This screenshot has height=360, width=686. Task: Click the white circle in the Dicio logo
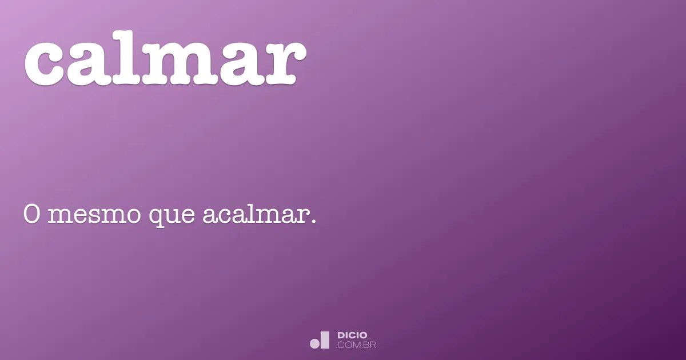[x=314, y=343]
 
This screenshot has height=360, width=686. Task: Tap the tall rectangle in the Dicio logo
[x=325, y=340]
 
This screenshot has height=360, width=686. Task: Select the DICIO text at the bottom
[x=353, y=335]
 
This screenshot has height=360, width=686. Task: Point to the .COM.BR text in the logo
[x=356, y=345]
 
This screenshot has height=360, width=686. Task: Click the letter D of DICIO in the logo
[x=341, y=335]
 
